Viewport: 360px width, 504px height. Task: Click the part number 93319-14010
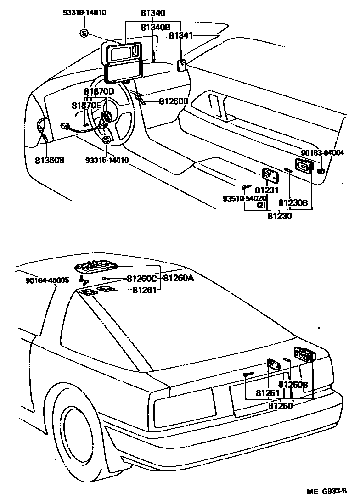coord(84,12)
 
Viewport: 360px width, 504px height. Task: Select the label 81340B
coord(155,28)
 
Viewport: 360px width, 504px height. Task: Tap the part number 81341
coord(183,35)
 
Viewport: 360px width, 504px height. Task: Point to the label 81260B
coord(174,101)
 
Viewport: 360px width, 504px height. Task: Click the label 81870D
coord(99,92)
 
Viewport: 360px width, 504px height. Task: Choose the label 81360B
coord(49,161)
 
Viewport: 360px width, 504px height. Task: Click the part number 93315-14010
coord(107,160)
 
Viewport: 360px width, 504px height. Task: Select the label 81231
coord(267,190)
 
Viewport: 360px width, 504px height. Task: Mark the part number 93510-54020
coord(244,198)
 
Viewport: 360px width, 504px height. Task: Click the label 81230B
coord(293,202)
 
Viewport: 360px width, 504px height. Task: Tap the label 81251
coord(268,393)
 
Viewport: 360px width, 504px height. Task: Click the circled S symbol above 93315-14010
coord(107,140)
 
